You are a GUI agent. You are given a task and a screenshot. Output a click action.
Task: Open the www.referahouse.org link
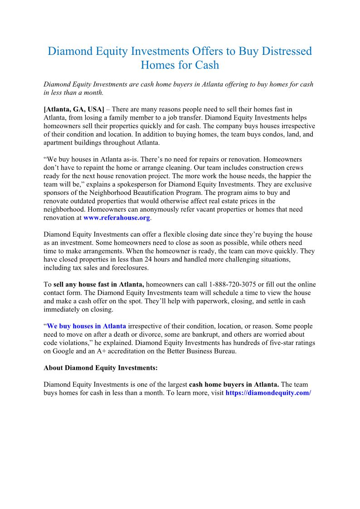coord(117,218)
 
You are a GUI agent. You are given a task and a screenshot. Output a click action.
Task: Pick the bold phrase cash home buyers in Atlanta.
coord(234,385)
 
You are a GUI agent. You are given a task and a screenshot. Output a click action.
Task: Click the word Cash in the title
coord(207,65)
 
